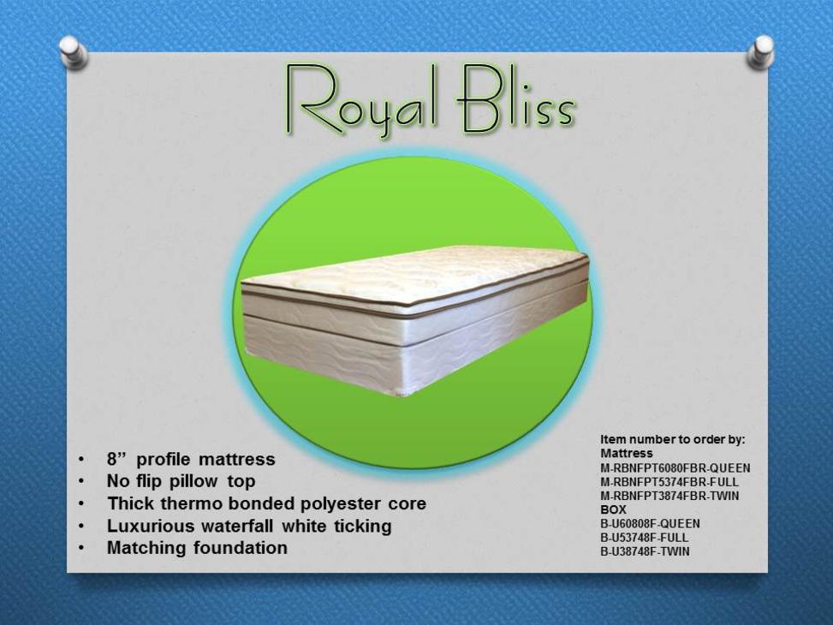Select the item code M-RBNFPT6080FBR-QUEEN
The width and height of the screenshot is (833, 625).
675,468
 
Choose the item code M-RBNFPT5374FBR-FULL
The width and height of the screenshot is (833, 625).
669,482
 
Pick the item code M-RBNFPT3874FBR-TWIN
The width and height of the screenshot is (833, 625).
669,496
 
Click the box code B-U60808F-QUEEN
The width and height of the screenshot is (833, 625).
651,523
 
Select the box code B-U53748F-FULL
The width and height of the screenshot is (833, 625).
645,538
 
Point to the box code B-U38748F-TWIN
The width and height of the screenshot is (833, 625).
645,551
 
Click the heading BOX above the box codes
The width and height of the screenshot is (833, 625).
614,509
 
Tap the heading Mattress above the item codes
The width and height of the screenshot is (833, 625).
627,454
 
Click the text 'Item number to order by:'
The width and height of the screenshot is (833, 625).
673,440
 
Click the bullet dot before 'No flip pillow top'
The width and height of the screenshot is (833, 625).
80,482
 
